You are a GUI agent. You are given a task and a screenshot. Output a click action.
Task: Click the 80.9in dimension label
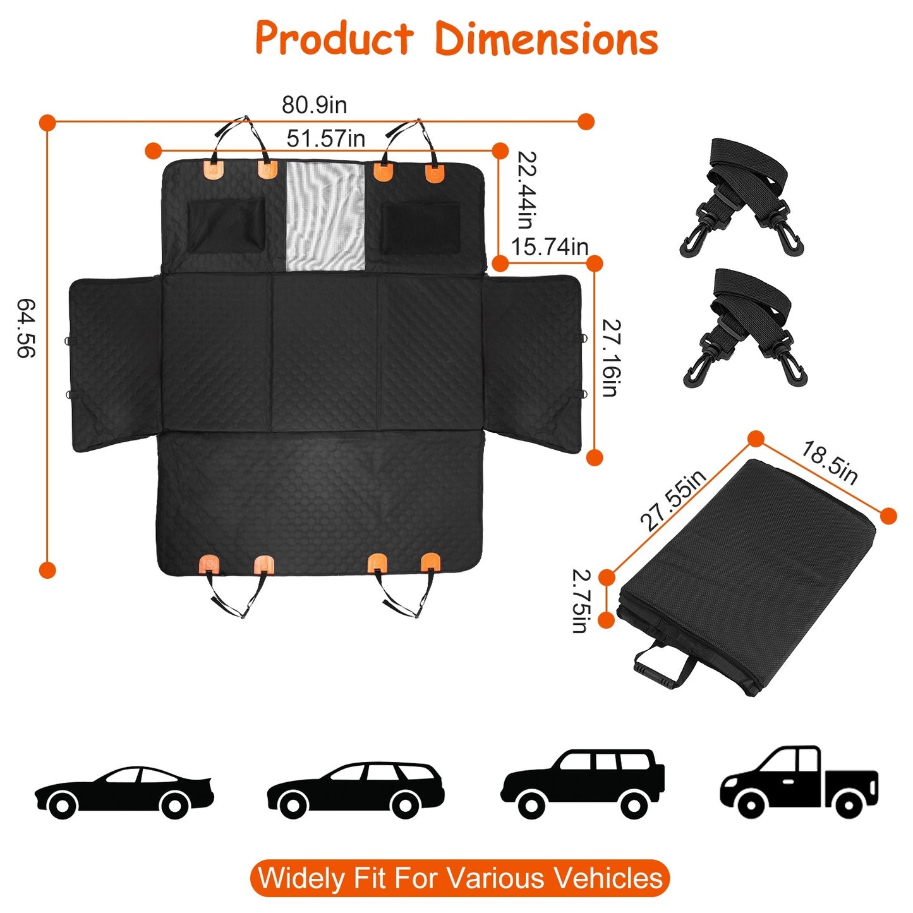pyautogui.click(x=314, y=105)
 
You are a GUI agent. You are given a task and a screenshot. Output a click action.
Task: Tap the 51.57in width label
pyautogui.click(x=325, y=138)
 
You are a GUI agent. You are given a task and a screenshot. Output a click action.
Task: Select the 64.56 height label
pyautogui.click(x=26, y=328)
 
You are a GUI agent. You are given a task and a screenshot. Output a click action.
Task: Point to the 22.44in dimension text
pyautogui.click(x=526, y=190)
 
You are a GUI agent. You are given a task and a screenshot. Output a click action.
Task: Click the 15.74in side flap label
pyautogui.click(x=549, y=247)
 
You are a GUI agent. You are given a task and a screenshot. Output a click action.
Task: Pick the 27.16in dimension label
pyautogui.click(x=610, y=358)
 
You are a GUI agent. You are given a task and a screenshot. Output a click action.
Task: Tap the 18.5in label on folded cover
pyautogui.click(x=830, y=463)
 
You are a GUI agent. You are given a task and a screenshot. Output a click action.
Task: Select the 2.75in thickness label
pyautogui.click(x=581, y=600)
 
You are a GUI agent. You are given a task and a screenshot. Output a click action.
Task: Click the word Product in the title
pyautogui.click(x=334, y=39)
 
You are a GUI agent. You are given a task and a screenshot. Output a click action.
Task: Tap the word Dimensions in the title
pyautogui.click(x=547, y=39)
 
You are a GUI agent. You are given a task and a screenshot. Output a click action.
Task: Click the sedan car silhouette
pyautogui.click(x=124, y=792)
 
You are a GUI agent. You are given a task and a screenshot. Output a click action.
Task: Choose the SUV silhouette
pyautogui.click(x=583, y=783)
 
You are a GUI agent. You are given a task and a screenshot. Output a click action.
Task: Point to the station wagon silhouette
pyautogui.click(x=355, y=790)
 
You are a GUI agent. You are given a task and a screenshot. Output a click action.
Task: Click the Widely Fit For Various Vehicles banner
pyautogui.click(x=459, y=878)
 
